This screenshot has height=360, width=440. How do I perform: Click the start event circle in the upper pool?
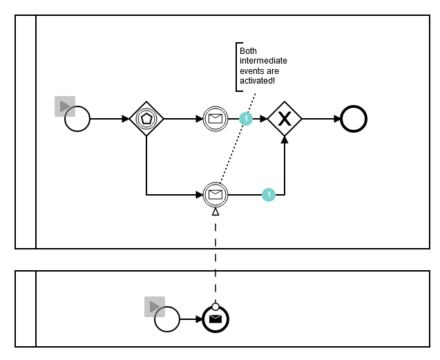tap(77, 119)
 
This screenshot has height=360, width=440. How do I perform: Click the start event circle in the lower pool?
tap(166, 319)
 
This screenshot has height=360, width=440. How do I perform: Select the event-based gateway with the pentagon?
tap(146, 119)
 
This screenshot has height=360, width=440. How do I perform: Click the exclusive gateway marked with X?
tap(285, 119)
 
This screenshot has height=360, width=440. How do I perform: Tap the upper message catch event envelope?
tap(216, 119)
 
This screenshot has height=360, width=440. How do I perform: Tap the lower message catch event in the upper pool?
tap(216, 195)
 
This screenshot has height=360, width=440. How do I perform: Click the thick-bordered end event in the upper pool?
tap(354, 119)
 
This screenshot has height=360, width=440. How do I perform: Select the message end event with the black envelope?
tap(216, 319)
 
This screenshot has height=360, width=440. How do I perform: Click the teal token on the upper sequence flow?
tap(245, 119)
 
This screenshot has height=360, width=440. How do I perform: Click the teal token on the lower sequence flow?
tap(269, 195)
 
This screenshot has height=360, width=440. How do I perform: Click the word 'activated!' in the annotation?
tap(258, 81)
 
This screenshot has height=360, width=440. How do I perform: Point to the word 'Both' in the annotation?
tap(248, 51)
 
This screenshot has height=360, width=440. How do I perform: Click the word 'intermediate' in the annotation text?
tap(263, 61)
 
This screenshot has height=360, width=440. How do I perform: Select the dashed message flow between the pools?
tap(216, 256)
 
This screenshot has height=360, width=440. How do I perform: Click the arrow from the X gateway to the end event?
tap(321, 119)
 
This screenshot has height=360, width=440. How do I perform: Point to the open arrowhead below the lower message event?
tap(216, 211)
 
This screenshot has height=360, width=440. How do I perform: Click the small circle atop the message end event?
tap(216, 306)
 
